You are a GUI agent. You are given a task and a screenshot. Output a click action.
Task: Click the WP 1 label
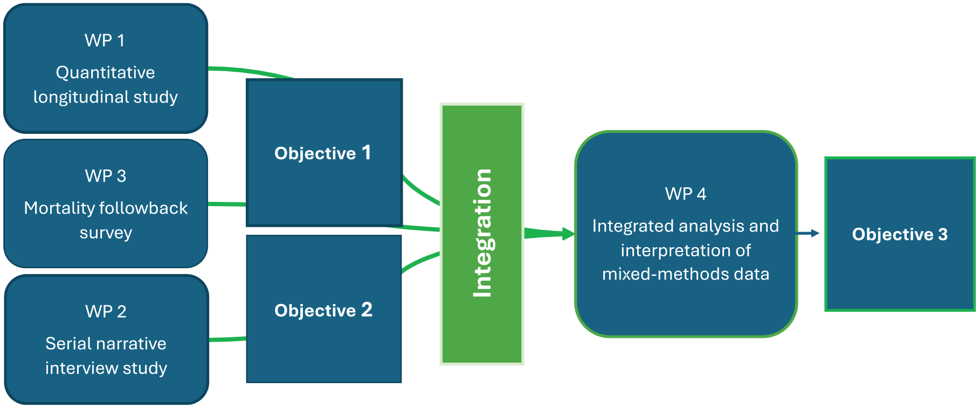point(105,40)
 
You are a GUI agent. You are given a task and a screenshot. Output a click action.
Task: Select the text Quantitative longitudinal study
point(106,85)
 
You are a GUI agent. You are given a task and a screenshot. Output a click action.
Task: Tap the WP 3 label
point(106,176)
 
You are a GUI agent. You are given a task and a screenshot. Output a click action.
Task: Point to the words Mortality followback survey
point(106,220)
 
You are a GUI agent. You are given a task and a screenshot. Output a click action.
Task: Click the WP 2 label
point(106,311)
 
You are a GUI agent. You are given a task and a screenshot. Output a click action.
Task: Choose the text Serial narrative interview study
point(106,356)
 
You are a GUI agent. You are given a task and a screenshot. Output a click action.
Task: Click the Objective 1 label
point(323,153)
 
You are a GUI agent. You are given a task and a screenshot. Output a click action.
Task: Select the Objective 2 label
point(323,310)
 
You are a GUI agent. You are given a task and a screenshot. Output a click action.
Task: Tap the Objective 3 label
point(900,234)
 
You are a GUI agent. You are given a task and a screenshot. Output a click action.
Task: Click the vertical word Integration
point(482,233)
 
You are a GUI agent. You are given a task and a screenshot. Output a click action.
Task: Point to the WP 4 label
point(686,194)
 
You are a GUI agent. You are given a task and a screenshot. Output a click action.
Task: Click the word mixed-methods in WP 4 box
point(656,274)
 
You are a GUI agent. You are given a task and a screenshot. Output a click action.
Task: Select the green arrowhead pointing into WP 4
point(568,234)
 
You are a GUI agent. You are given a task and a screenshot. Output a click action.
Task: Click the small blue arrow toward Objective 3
point(808,233)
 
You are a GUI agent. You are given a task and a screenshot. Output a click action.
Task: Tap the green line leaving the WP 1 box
point(251,72)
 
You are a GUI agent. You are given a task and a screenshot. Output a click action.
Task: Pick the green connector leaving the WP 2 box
point(227,339)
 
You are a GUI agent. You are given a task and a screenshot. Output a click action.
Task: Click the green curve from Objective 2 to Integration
point(420,261)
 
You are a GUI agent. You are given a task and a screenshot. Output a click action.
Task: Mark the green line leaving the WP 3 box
point(227,205)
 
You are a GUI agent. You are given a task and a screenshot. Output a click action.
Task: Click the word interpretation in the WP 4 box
point(686,250)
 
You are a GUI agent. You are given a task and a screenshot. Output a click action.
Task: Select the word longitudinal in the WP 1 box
point(81,97)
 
